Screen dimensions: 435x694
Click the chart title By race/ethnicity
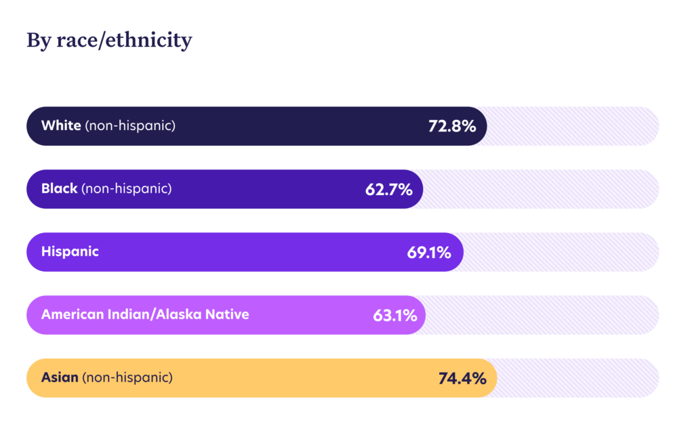tap(109, 41)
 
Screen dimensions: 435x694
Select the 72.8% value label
tap(452, 126)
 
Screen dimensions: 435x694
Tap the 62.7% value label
tap(388, 189)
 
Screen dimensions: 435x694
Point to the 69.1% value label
tap(429, 253)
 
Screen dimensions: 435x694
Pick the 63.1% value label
tap(394, 315)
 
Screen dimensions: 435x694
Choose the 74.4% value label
tap(462, 378)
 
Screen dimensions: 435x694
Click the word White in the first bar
tap(61, 125)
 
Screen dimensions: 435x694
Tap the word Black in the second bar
tap(59, 188)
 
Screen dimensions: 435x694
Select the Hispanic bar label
tap(70, 251)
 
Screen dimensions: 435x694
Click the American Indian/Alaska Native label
tap(145, 314)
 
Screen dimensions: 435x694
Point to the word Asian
tap(60, 377)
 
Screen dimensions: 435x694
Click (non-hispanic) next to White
tap(130, 126)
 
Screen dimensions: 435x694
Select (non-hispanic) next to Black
tap(126, 189)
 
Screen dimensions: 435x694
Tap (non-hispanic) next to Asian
tap(127, 378)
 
